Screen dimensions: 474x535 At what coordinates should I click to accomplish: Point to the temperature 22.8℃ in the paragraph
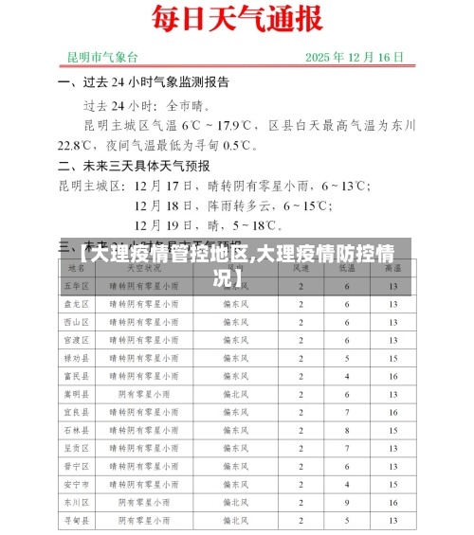pos(75,145)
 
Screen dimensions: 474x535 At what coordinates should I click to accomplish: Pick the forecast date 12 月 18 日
pos(167,205)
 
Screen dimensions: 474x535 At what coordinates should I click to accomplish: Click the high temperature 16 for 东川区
pos(392,502)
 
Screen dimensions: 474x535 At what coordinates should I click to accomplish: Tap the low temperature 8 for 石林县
pos(347,430)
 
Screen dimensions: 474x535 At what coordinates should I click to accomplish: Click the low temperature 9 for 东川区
pos(347,502)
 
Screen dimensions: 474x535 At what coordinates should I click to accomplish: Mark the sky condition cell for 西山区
pos(143,322)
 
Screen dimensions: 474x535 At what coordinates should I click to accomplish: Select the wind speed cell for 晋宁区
pos(301,466)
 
